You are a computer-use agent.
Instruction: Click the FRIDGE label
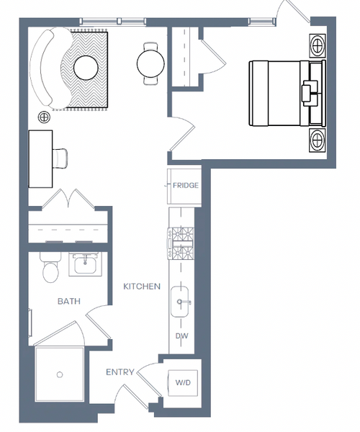point(185,185)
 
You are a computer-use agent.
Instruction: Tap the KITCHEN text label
point(142,287)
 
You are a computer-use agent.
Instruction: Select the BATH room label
point(69,301)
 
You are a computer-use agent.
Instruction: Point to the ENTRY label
point(120,372)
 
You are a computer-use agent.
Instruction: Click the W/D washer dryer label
point(183,383)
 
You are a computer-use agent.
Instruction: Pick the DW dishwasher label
point(181,336)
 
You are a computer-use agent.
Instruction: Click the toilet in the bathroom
point(50,267)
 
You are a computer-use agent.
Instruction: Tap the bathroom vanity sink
point(85,264)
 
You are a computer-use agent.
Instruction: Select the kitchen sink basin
point(179,302)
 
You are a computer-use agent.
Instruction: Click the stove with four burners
point(181,243)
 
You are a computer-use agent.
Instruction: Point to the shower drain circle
point(60,374)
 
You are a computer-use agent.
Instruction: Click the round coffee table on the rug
point(86,68)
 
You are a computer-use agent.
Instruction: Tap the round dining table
point(150,63)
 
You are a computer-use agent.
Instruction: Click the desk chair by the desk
point(60,158)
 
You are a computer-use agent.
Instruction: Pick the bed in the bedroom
point(287,94)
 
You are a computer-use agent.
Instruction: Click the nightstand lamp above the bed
point(318,45)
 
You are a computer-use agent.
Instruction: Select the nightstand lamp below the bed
point(318,140)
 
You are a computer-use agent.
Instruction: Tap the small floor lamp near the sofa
point(44,117)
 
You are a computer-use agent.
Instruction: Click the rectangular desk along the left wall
point(41,159)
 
